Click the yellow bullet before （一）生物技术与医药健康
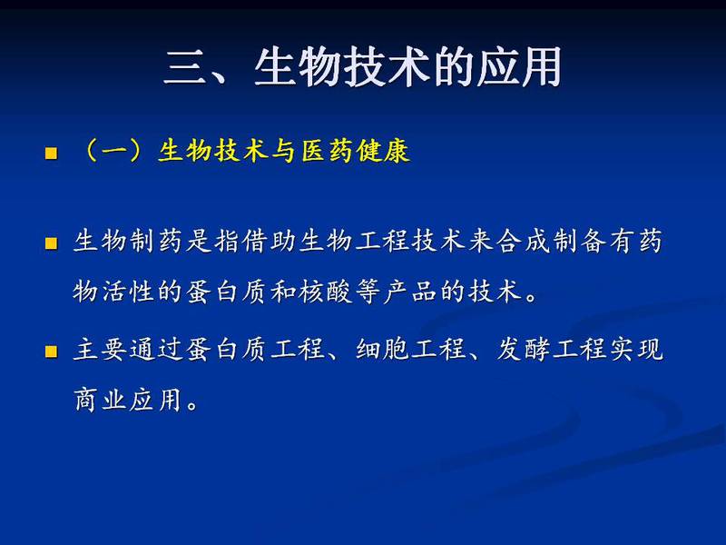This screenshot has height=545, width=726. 51,153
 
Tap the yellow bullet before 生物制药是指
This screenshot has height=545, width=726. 51,243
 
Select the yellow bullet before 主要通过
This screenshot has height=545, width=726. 51,352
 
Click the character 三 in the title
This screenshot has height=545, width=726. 184,67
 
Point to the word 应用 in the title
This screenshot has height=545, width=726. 518,67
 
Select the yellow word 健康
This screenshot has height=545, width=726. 383,151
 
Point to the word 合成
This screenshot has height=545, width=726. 523,241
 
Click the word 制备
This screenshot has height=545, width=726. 579,241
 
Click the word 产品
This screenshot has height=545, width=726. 410,292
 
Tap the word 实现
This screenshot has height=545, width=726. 636,349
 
